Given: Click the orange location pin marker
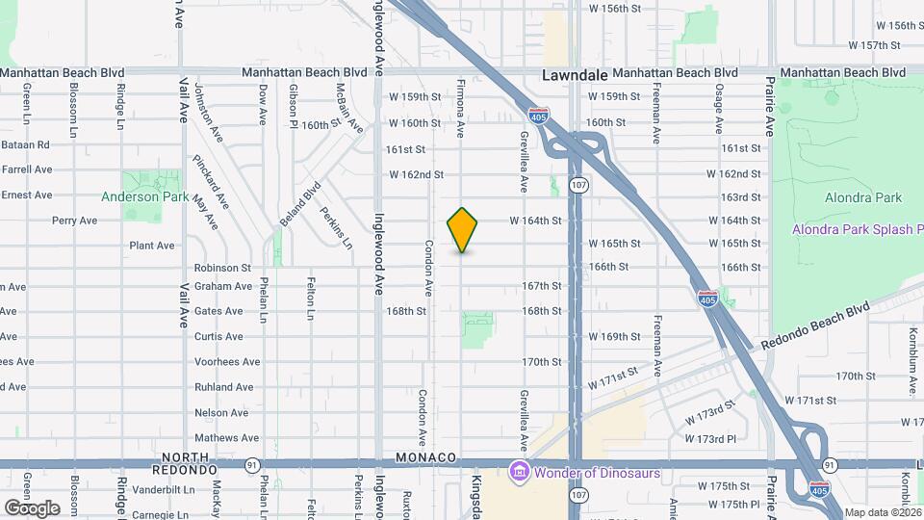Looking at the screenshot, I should tap(463, 229).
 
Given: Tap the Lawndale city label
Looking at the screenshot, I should tap(574, 73).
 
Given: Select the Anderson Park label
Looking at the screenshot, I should tap(144, 196).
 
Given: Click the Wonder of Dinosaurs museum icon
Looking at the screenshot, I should tap(519, 471).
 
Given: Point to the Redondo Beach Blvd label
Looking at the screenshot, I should tap(814, 325).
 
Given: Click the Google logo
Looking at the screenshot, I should tap(32, 507).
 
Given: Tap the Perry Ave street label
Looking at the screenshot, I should tap(74, 221).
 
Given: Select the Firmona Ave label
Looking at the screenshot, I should tap(461, 108).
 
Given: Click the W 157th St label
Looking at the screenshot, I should tap(873, 45).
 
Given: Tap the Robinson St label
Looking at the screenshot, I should tap(222, 268).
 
